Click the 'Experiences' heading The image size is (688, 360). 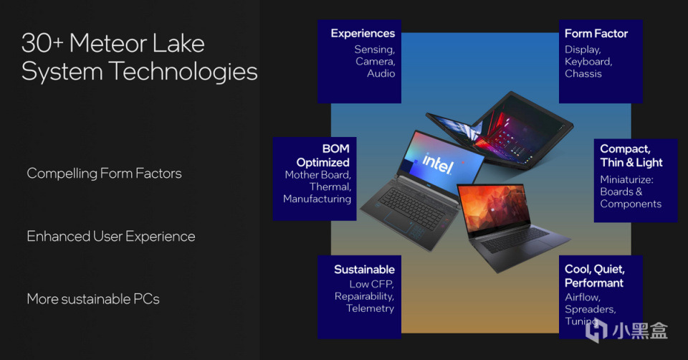363,34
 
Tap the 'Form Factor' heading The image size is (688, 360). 596,34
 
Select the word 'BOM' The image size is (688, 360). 335,149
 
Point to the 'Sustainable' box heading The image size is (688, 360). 364,270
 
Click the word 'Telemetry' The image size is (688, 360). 370,308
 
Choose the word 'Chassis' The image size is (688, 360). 583,74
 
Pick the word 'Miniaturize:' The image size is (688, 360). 626,179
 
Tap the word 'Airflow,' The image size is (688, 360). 583,297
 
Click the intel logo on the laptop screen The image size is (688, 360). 438,164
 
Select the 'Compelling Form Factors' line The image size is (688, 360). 104,174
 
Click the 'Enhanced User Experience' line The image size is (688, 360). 111,236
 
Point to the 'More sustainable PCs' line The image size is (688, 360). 93,299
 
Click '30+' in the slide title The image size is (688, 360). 42,44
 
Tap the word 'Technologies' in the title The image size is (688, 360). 183,72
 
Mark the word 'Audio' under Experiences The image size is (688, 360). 381,74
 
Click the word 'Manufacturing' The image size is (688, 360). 317,199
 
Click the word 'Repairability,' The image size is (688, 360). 364,296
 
